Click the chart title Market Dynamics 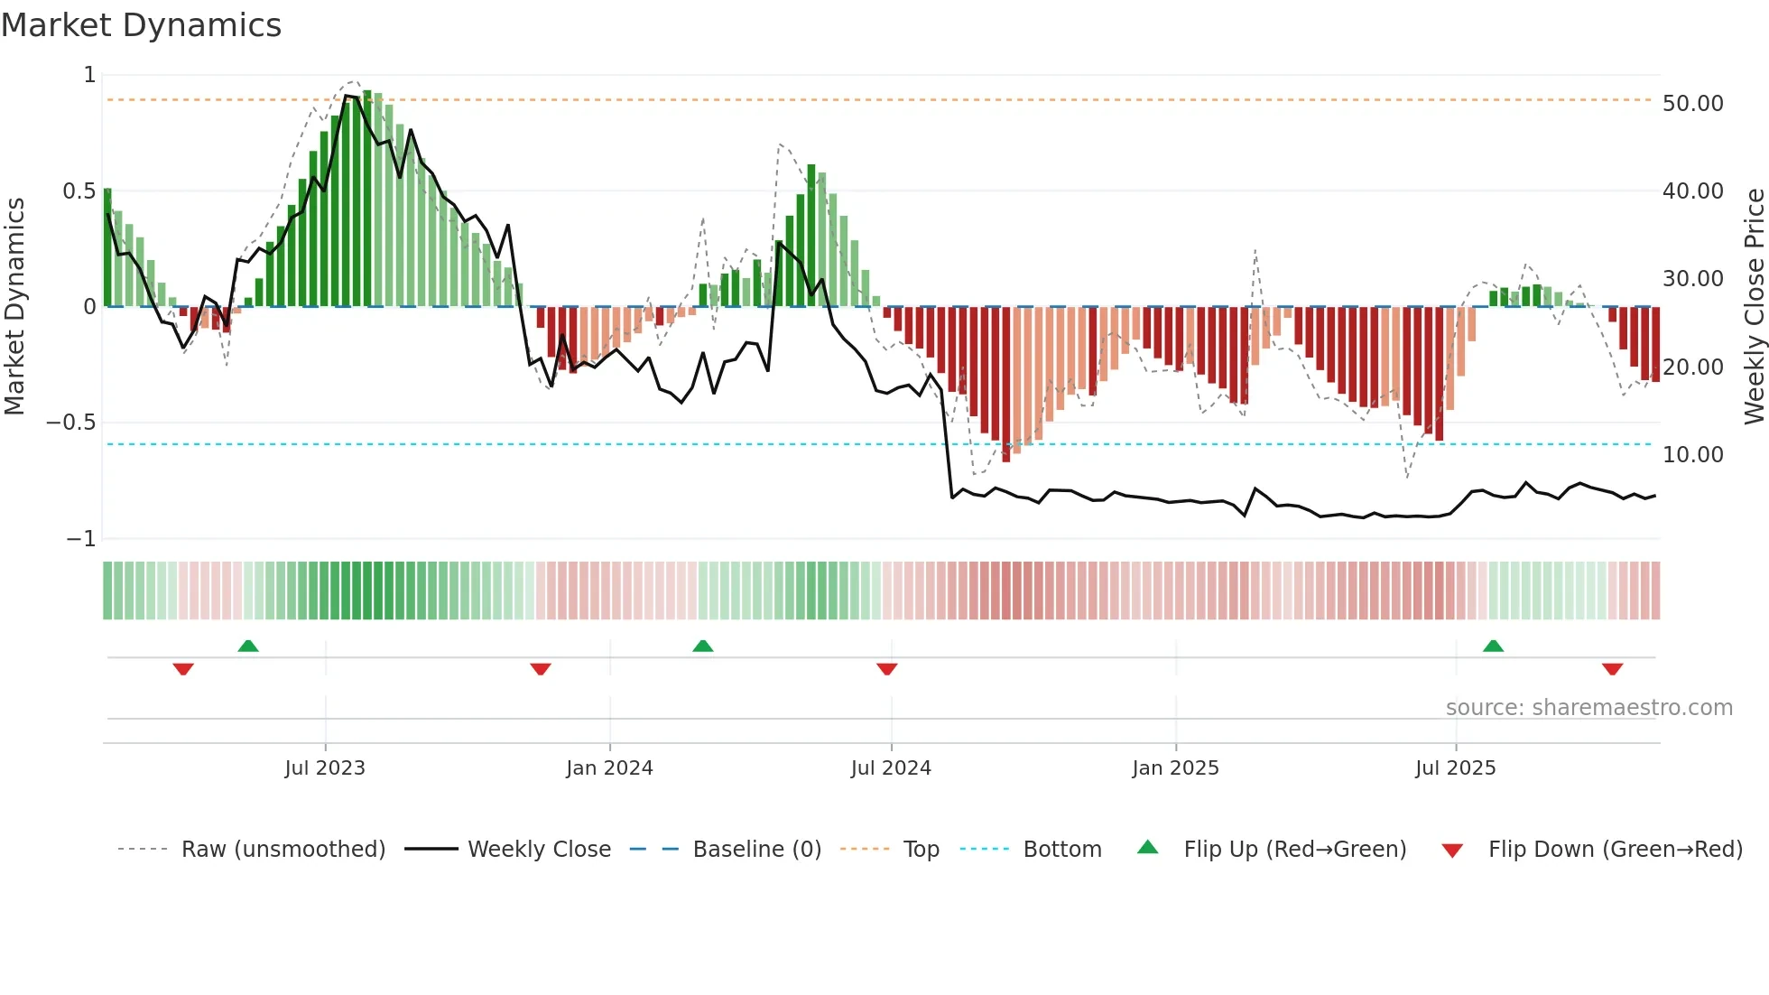point(141,25)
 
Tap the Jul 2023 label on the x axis point(325,768)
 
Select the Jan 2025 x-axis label point(1175,768)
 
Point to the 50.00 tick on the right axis point(1692,104)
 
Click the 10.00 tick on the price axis point(1692,455)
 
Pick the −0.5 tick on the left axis point(70,423)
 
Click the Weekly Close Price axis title point(1754,306)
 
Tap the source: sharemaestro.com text point(1588,708)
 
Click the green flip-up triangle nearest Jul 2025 point(1493,646)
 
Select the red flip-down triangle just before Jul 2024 point(886,669)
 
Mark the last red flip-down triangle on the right point(1612,669)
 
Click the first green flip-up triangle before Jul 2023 point(248,646)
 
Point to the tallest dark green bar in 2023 point(367,199)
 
